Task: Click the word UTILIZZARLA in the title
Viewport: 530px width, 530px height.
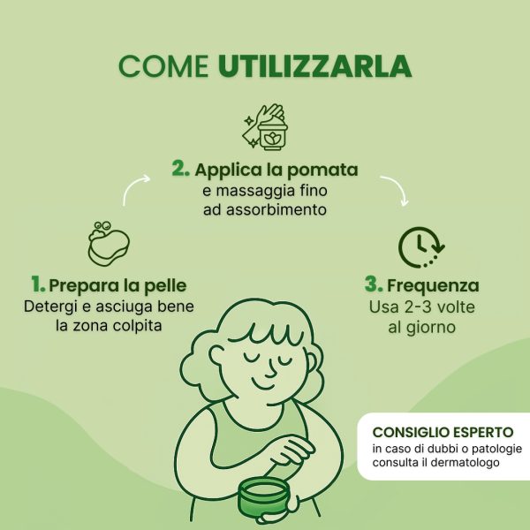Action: click(314, 66)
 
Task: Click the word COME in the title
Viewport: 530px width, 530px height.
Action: click(163, 66)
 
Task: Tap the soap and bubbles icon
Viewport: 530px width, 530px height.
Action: click(109, 243)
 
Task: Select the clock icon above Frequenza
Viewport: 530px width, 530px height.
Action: click(421, 247)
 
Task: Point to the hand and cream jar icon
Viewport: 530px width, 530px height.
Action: click(265, 126)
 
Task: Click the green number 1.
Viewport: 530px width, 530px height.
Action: click(38, 284)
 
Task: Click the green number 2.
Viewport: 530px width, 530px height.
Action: click(180, 168)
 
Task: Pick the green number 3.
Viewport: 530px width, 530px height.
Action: click(374, 284)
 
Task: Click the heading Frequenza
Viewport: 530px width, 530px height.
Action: click(433, 285)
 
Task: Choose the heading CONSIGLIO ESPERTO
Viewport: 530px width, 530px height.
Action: click(443, 432)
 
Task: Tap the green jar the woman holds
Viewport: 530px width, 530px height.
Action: click(264, 496)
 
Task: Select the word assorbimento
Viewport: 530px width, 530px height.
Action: click(276, 209)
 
